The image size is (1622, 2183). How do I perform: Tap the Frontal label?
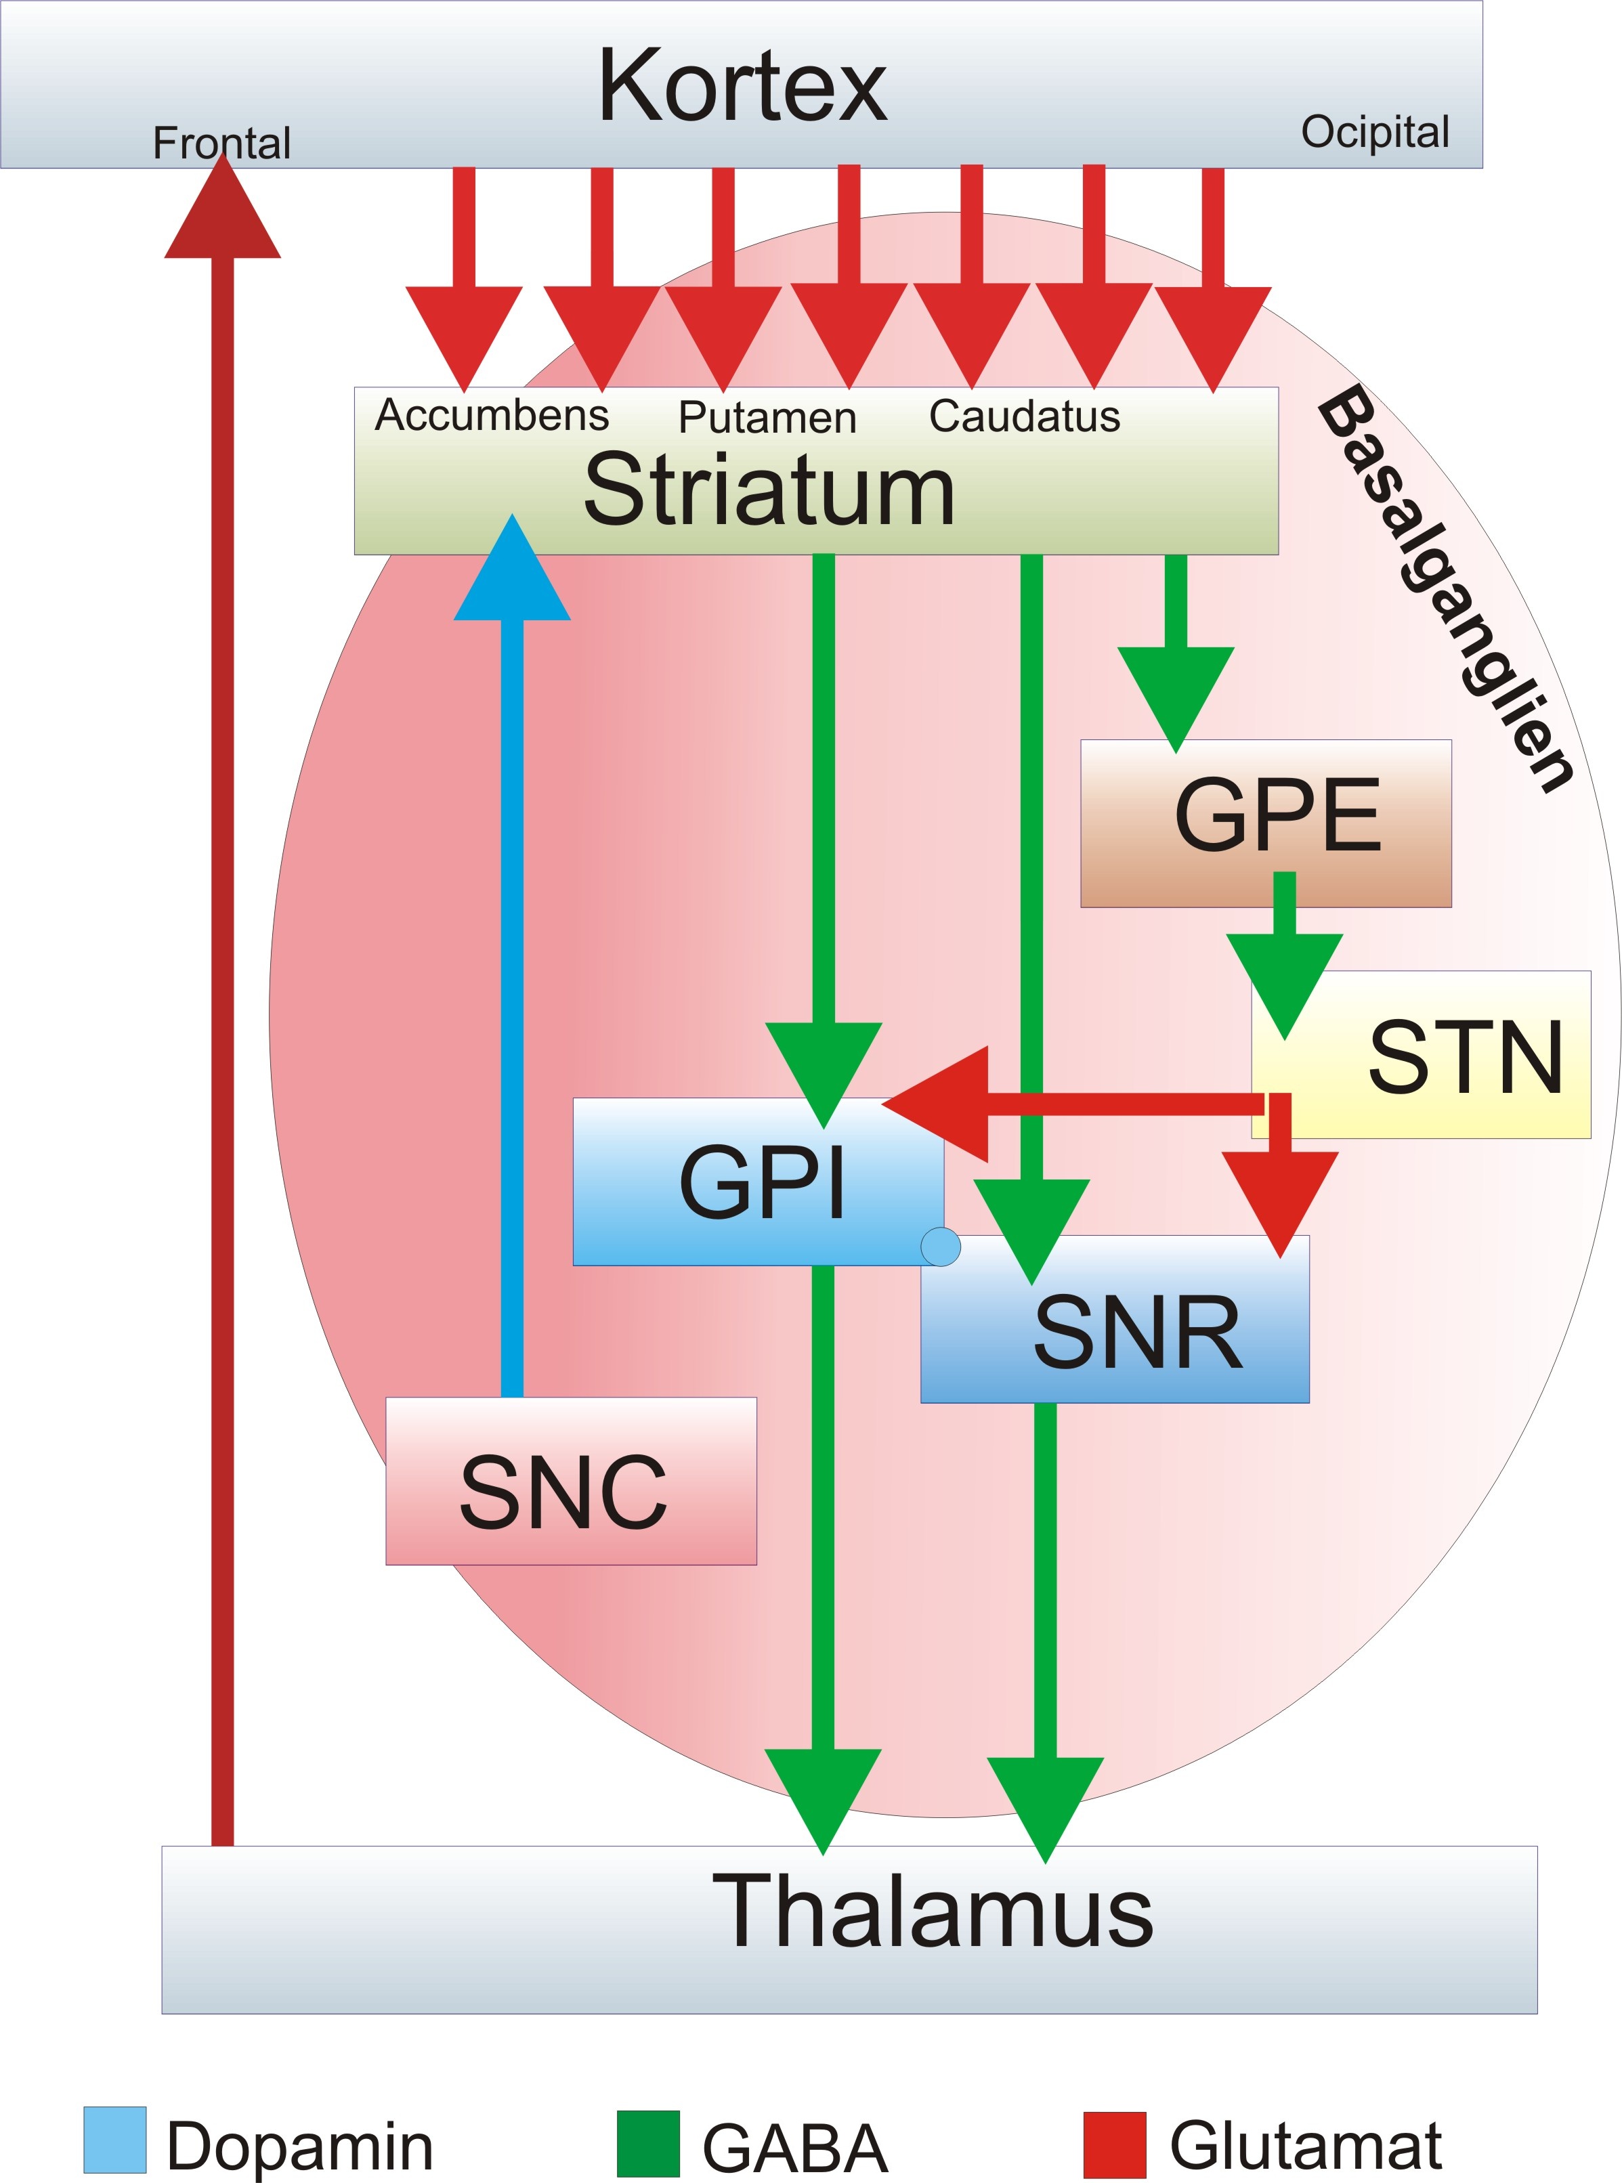coord(222,144)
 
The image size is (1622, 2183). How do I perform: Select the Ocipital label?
coord(1375,131)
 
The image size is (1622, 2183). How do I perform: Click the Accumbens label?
coord(492,415)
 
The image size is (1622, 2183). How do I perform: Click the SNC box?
coord(570,1492)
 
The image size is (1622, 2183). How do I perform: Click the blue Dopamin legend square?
coord(115,2139)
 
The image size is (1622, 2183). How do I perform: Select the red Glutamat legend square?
coord(1114,2143)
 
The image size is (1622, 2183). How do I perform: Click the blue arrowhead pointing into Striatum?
coord(511,574)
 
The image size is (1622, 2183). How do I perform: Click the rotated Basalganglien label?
coord(1443,589)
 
